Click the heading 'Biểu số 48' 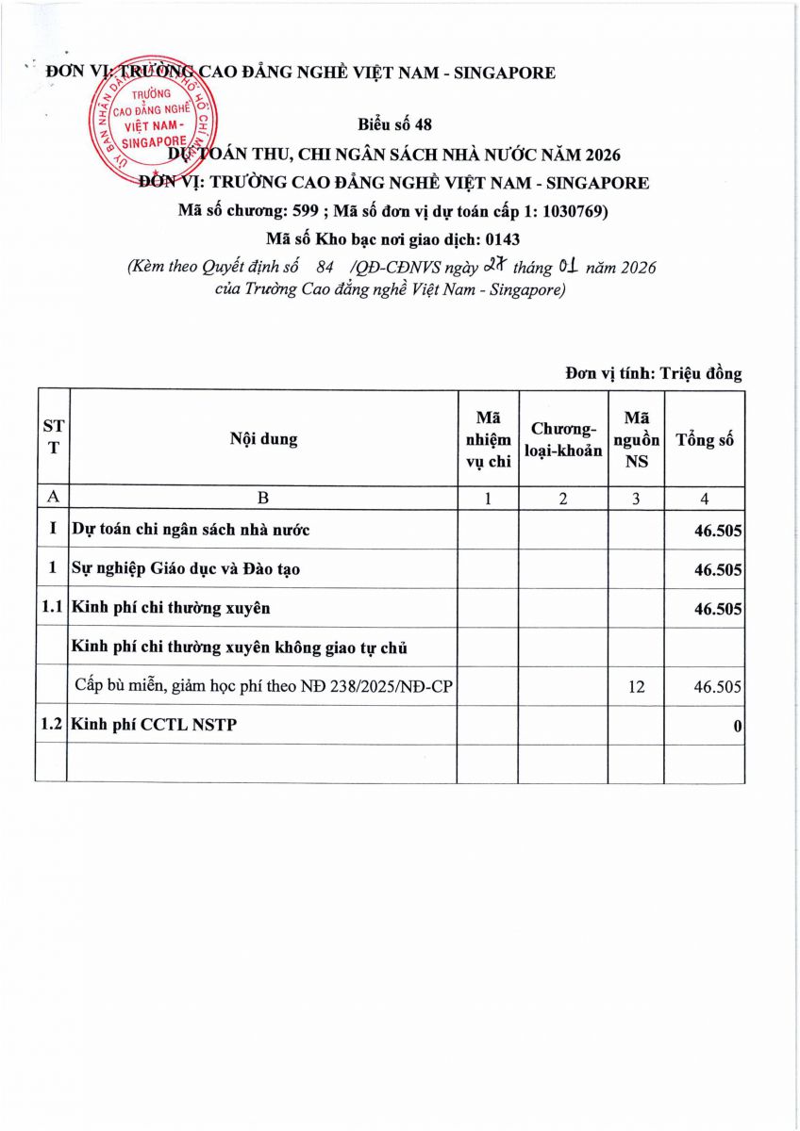click(395, 125)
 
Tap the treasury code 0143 click(503, 239)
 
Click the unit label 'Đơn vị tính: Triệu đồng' click(654, 373)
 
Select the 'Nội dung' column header click(263, 439)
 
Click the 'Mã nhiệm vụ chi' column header click(488, 439)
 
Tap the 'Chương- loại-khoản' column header click(562, 440)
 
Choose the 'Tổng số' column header click(705, 440)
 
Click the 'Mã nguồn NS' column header click(637, 439)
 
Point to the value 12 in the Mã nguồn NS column click(637, 687)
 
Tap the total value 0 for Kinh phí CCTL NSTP click(737, 727)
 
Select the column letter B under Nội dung click(263, 500)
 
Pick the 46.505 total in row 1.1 click(718, 609)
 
